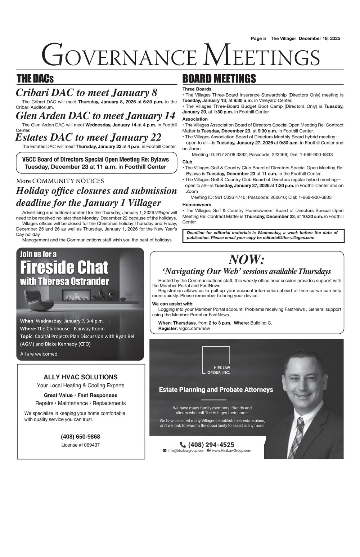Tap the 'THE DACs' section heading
click(35, 79)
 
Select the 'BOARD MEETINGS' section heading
click(219, 79)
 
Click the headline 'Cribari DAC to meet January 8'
click(86, 93)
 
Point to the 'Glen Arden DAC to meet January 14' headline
click(95, 116)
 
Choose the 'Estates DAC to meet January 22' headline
click(88, 137)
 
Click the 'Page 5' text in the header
click(258, 39)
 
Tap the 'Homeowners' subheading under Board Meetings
click(197, 205)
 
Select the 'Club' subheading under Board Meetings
click(187, 162)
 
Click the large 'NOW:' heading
click(247, 259)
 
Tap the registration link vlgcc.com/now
click(194, 329)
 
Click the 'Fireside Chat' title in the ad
click(64, 268)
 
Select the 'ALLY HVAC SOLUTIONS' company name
click(81, 377)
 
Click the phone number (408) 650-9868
click(81, 437)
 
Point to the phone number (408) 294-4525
click(211, 445)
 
